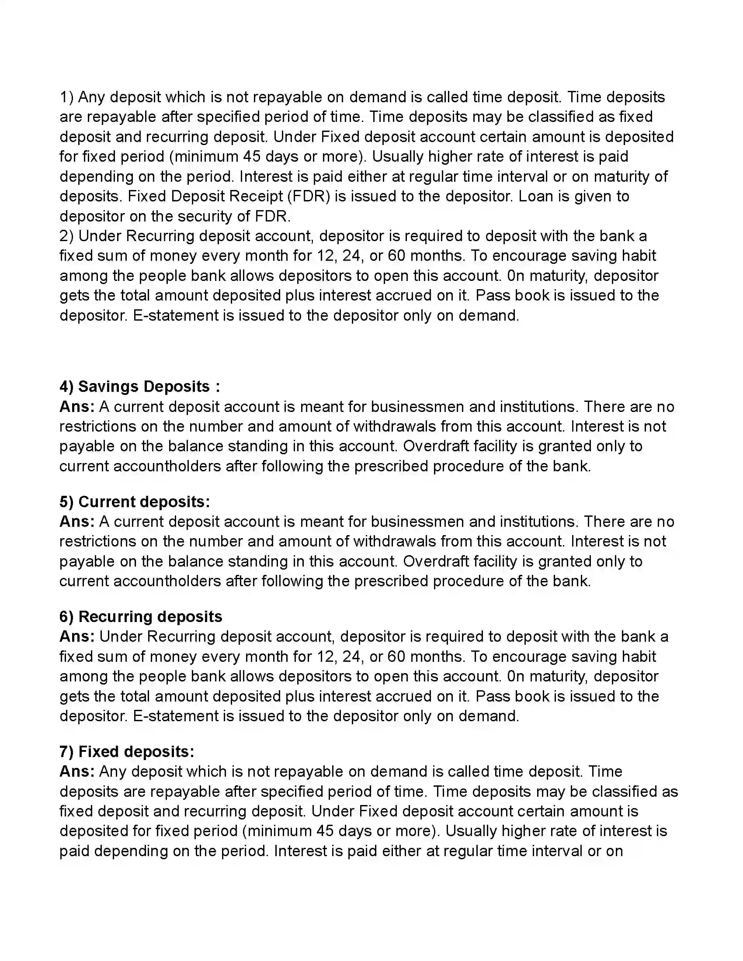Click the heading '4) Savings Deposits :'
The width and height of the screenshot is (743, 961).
(139, 386)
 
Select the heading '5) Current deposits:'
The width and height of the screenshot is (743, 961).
(135, 501)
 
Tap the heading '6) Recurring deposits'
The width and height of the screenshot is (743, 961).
(140, 616)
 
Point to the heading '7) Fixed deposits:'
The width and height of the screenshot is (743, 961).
(127, 751)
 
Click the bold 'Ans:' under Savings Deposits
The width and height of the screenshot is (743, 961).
(77, 406)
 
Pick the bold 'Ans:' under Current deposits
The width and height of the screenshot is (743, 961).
(77, 522)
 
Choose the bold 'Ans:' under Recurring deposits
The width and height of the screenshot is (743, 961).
(77, 636)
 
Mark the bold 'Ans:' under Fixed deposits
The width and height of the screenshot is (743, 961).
(77, 771)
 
